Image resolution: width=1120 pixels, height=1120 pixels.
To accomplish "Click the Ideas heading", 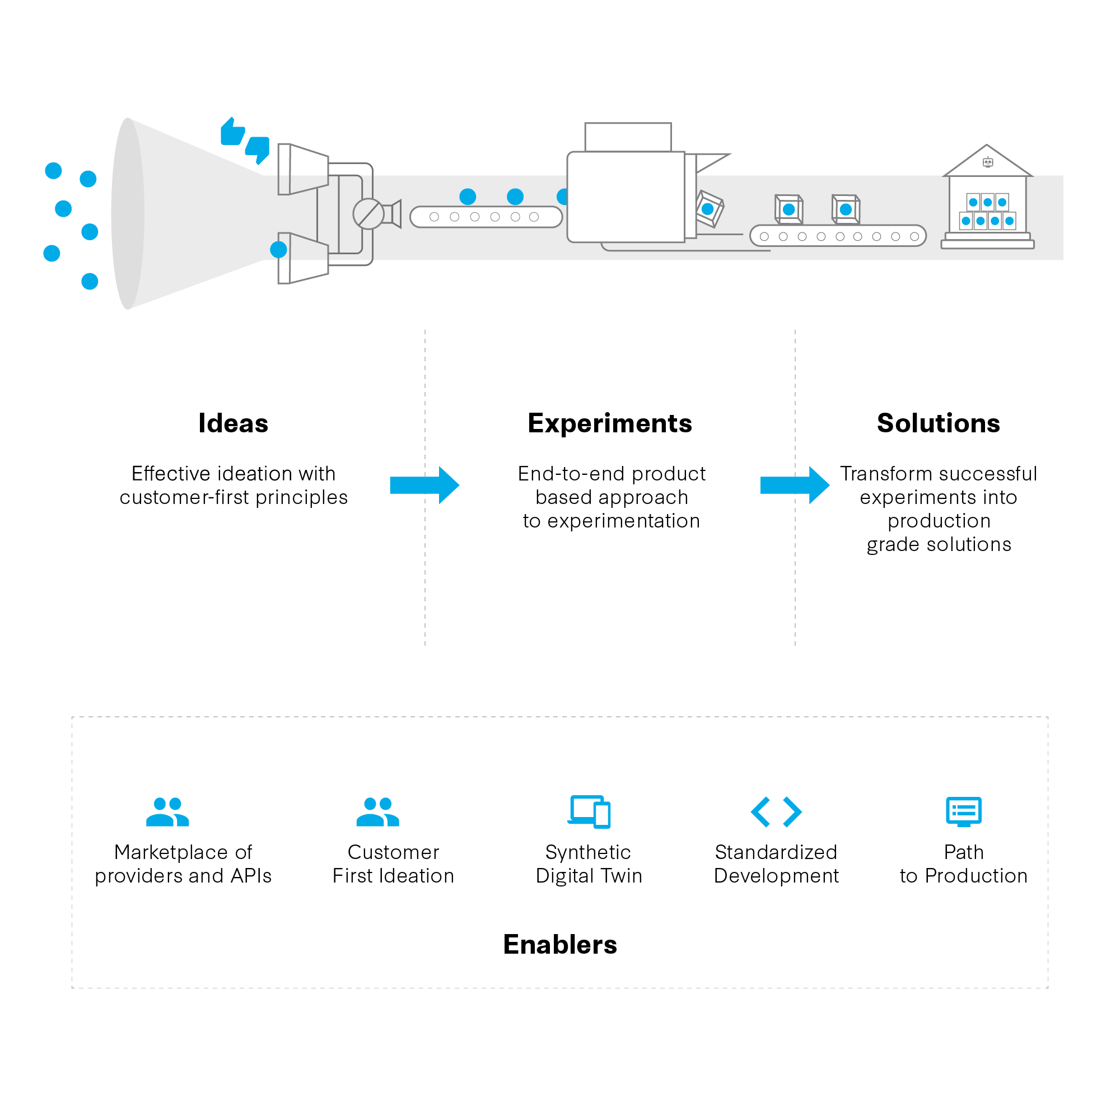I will click(233, 423).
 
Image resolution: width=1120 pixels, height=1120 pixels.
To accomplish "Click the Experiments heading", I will click(610, 423).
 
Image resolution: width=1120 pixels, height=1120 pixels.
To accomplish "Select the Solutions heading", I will click(938, 423).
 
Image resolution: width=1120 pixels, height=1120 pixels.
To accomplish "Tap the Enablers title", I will click(560, 944).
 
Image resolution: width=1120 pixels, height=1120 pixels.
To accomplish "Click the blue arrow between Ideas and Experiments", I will click(424, 484).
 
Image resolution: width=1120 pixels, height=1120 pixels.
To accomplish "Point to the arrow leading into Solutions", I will click(794, 484).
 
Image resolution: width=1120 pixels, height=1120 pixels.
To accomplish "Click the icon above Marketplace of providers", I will click(167, 811).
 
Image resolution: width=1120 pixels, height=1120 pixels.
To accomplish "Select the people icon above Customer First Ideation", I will click(377, 811).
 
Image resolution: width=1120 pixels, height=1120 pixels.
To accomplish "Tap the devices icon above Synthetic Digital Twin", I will click(590, 811).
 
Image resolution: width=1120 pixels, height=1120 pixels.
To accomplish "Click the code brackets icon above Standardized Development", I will click(776, 811).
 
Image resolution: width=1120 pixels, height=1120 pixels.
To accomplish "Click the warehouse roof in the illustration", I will click(987, 162).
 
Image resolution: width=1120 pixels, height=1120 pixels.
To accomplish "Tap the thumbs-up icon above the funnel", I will click(233, 132).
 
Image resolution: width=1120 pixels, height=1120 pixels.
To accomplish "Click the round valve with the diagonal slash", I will click(368, 213).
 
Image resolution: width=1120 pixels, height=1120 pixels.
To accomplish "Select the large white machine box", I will click(626, 197).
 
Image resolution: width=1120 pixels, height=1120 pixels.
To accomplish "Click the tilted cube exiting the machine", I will click(709, 208).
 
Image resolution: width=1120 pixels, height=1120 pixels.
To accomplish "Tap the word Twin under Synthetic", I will click(622, 875).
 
